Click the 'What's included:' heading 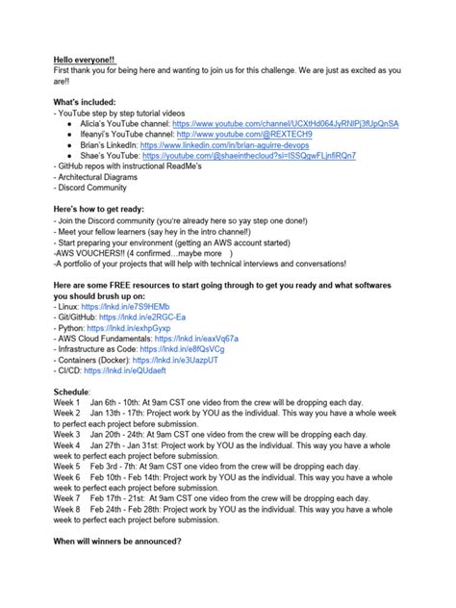click(84, 101)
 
